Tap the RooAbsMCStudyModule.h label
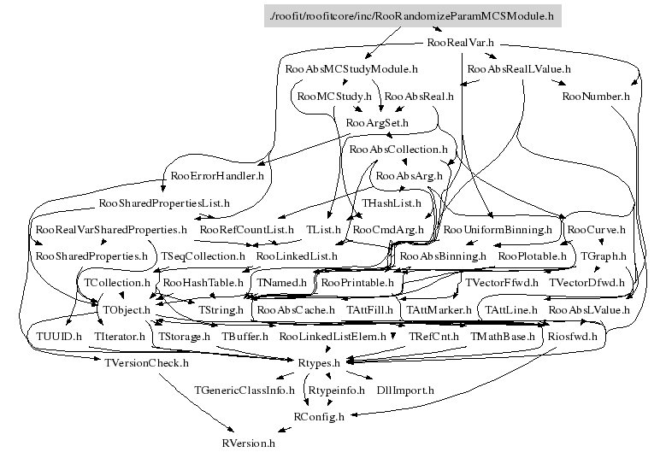coord(351,68)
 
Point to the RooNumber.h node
coord(596,96)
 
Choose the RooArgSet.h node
coord(377,123)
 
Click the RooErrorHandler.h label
coord(217,176)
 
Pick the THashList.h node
coord(392,203)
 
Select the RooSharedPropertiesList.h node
coord(165,203)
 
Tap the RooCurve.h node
coord(596,230)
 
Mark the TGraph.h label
coord(604,255)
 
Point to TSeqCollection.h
coord(203,255)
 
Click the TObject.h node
coord(127,308)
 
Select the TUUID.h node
coord(59,336)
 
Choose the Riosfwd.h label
coord(573,336)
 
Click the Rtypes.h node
coord(319,363)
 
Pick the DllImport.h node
coord(405,390)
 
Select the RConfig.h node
coord(319,417)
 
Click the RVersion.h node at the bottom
coord(248,443)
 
